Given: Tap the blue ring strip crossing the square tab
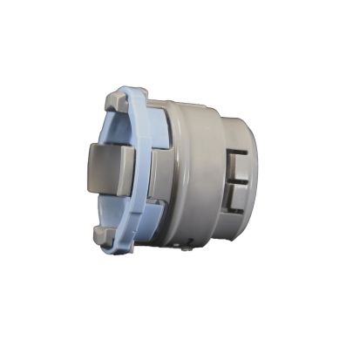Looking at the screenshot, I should pyautogui.click(x=139, y=170).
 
